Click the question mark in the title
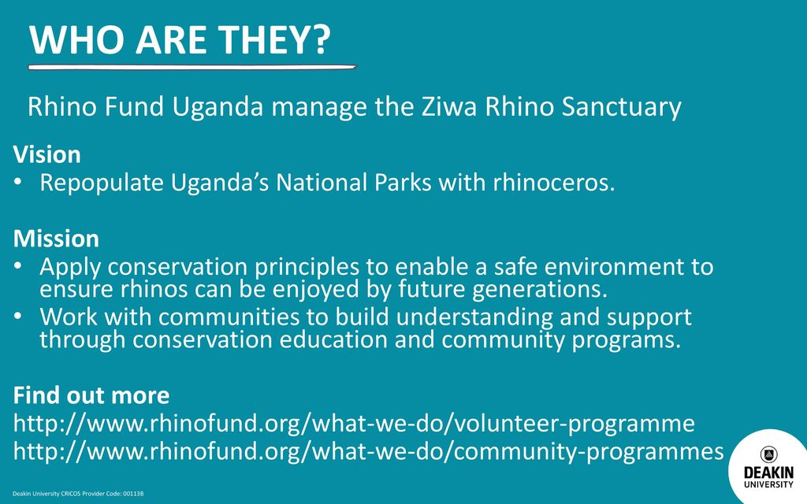pos(320,39)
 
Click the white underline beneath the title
pos(192,67)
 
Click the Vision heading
pos(46,155)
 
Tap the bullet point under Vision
pos(18,182)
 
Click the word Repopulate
pos(102,183)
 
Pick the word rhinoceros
pos(554,183)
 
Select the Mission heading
pos(56,239)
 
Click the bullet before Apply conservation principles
pos(18,265)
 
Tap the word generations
pos(540,290)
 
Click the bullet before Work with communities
pos(18,315)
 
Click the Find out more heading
pos(91,395)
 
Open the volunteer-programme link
pos(354,424)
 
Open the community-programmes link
pos(369,451)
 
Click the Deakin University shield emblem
pos(769,454)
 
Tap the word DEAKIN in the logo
pos(769,472)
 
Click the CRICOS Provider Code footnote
pos(78,494)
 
